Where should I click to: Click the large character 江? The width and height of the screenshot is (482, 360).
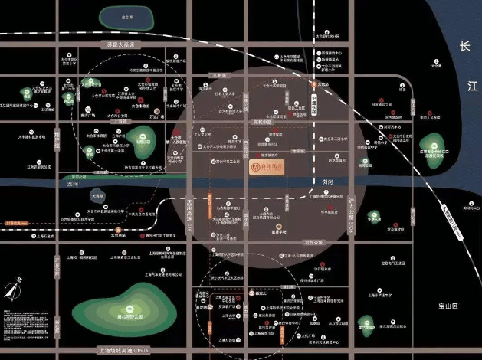[x=462, y=90]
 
